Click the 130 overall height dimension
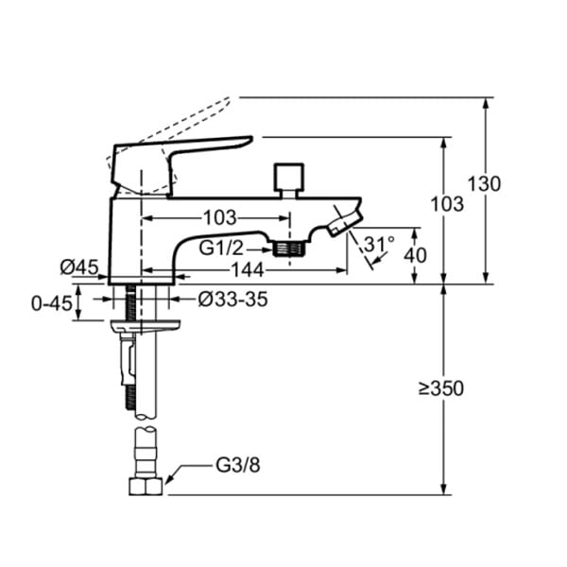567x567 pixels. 485,183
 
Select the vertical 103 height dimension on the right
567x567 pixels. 447,204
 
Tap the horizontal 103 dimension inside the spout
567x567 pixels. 220,217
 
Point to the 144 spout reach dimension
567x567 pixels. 248,269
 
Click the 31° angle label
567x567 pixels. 379,244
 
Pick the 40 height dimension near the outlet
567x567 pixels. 415,255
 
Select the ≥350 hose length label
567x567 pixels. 441,389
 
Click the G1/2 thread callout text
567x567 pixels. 222,249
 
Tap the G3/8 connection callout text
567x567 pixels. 237,465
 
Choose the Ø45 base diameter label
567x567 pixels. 79,267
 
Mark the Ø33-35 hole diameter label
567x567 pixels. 233,300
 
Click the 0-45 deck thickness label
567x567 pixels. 52,303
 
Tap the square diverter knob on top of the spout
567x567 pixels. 288,177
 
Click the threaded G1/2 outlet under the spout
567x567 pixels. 289,249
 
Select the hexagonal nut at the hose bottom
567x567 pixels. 146,487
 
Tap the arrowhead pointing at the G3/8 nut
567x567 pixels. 169,477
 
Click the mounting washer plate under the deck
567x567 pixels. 146,325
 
